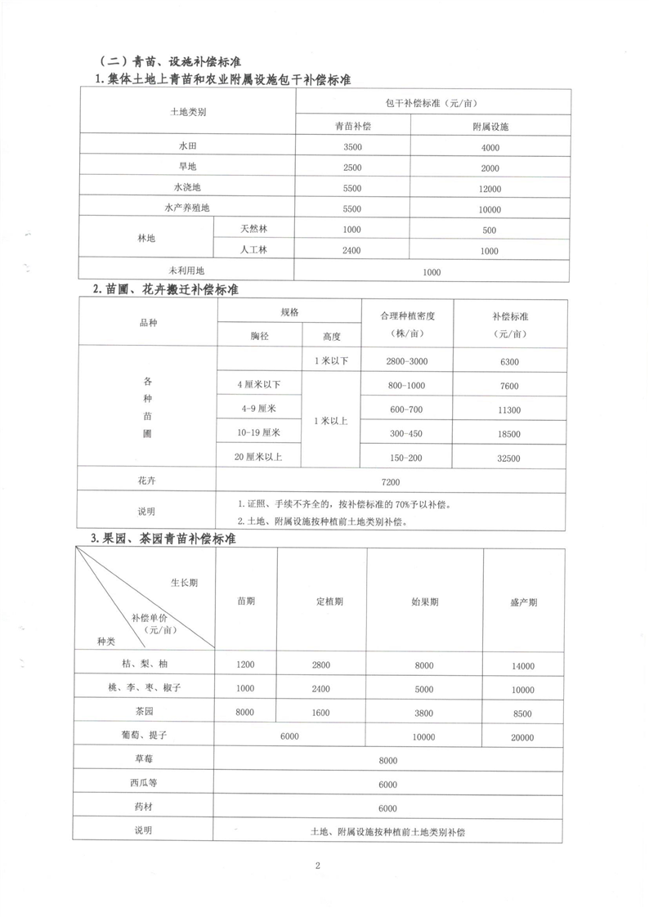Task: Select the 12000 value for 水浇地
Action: point(490,188)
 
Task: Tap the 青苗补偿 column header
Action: point(352,127)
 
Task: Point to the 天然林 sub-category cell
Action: point(254,230)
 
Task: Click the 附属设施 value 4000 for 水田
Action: point(490,147)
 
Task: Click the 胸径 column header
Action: point(259,336)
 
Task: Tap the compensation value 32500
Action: point(507,458)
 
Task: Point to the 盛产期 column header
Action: point(523,602)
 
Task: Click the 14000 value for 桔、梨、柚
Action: point(523,667)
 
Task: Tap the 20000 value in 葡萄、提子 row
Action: point(523,737)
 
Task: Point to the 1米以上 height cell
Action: point(331,421)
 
